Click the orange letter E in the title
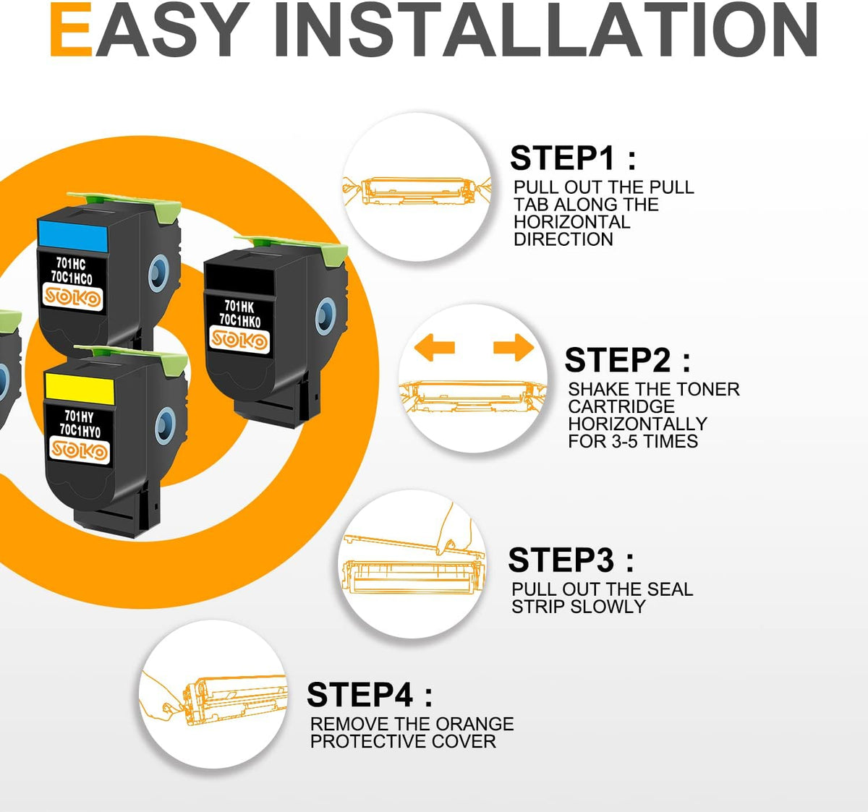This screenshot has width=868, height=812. tap(71, 29)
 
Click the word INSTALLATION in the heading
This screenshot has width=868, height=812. tap(546, 29)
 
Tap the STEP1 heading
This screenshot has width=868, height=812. tap(573, 158)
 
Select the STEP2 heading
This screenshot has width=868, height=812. tap(628, 359)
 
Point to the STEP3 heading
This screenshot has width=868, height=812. tap(571, 560)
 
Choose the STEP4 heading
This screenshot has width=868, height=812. tap(370, 694)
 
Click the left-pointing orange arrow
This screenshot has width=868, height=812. tap(435, 348)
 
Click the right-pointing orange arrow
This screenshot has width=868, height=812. tap(514, 348)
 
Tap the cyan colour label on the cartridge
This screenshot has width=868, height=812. tap(73, 236)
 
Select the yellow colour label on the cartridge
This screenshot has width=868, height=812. tap(80, 388)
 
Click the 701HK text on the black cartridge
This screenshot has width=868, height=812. tap(239, 307)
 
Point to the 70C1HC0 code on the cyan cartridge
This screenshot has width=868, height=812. tap(72, 278)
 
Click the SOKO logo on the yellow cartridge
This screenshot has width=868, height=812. tap(79, 450)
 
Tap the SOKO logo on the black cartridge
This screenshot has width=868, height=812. tap(239, 340)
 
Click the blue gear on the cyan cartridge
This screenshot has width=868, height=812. tap(158, 273)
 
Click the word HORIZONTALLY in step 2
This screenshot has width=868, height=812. tap(638, 424)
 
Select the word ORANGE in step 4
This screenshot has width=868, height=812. tap(475, 725)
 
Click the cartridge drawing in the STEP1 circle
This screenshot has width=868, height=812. tap(417, 191)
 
